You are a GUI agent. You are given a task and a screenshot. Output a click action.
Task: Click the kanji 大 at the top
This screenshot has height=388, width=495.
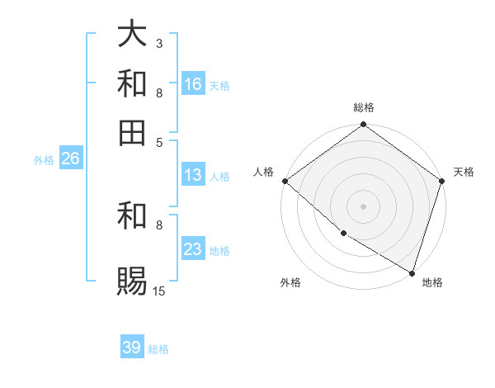[132, 35]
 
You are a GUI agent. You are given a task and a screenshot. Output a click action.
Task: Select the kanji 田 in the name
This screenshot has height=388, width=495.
[132, 131]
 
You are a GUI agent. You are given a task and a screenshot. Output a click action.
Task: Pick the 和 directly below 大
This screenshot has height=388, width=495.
[132, 83]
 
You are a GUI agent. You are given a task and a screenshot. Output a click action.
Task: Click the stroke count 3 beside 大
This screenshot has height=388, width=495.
[159, 43]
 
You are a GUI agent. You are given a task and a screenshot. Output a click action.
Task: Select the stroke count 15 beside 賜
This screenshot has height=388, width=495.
[159, 291]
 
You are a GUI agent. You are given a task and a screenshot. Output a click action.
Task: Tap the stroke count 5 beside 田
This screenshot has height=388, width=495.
[159, 141]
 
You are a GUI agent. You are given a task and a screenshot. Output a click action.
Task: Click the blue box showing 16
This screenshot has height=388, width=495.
[193, 83]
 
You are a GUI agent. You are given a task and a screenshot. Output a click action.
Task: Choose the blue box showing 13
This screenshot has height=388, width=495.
[193, 175]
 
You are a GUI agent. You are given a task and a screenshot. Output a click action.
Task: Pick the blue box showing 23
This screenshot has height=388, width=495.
[193, 249]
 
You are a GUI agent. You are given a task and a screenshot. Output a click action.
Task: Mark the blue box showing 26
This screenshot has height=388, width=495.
[70, 159]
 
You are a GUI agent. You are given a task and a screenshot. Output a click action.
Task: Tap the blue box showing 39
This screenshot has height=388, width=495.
[132, 348]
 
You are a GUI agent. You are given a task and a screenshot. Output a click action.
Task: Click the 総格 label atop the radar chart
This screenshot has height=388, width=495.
[364, 108]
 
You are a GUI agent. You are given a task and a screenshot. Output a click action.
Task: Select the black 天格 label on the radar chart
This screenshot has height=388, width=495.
[464, 173]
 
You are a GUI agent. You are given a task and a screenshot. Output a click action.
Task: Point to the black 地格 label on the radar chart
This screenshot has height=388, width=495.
[432, 283]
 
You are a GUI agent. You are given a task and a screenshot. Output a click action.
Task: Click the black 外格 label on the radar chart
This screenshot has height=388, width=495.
[290, 283]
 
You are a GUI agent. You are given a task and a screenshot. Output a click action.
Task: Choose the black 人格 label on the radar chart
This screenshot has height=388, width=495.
[263, 173]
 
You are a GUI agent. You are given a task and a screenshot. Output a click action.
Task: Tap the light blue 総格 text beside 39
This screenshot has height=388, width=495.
[158, 349]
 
